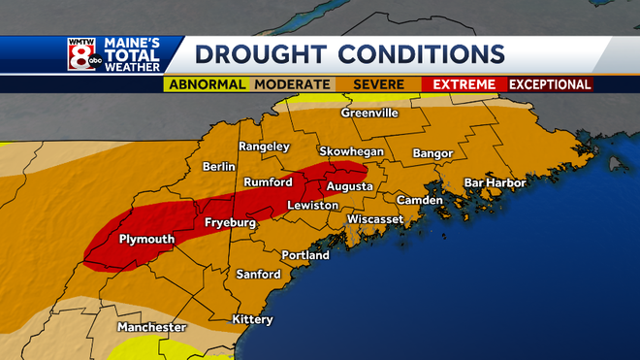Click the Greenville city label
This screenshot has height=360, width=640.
click(369, 114)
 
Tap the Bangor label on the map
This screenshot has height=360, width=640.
click(432, 153)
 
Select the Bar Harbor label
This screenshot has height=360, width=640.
click(495, 182)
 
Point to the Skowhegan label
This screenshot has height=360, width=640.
click(352, 152)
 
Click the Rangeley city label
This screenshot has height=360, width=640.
click(264, 147)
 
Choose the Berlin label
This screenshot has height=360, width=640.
click(219, 167)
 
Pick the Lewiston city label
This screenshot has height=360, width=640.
click(312, 206)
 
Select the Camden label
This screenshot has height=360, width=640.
click(419, 201)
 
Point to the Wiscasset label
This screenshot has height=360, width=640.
click(376, 219)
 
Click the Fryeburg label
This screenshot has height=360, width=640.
click(230, 224)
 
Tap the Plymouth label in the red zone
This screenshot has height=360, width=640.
click(145, 239)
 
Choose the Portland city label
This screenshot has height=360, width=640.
click(305, 255)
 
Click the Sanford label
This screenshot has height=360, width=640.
click(258, 275)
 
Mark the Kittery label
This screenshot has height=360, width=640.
click(252, 320)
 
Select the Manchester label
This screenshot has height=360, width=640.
click(151, 328)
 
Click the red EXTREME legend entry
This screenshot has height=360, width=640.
click(464, 84)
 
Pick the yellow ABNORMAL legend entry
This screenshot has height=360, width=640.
click(207, 84)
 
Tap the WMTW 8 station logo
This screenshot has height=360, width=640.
click(83, 54)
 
